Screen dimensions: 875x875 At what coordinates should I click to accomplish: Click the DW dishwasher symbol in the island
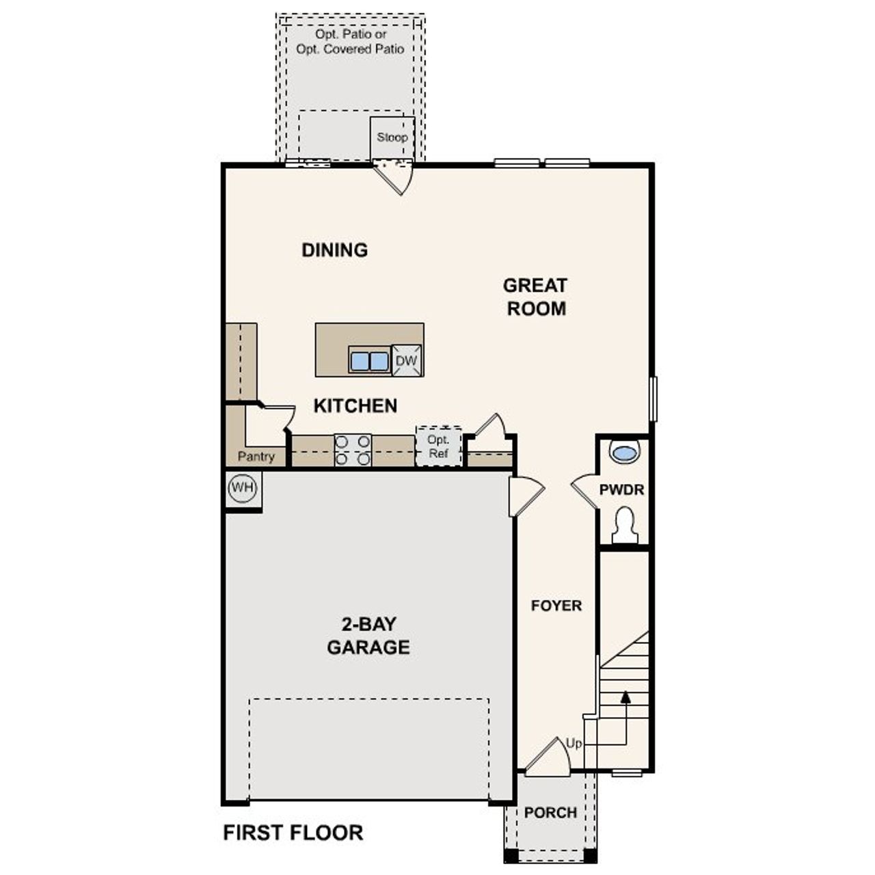coord(407,361)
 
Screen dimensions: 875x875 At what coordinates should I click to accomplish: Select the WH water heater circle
coord(242,488)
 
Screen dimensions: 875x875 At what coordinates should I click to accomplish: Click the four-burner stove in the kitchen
coord(353,450)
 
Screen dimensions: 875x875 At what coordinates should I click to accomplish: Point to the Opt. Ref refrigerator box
coord(438,447)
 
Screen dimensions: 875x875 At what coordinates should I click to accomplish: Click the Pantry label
coord(256,457)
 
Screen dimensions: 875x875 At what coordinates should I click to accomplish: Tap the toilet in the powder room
coord(625,526)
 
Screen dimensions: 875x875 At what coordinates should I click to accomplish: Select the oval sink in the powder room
coord(624,453)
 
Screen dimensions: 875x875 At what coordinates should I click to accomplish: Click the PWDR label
coord(621,490)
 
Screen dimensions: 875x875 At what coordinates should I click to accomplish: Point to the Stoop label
coord(392,137)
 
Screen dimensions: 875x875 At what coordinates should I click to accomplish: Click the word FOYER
coord(556,606)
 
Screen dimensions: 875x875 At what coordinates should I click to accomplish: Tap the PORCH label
coord(550,813)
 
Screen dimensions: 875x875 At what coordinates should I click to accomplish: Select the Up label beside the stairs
coord(574,743)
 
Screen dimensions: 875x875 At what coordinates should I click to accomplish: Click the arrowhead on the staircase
coord(625,697)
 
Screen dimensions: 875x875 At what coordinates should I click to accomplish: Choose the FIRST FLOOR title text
coord(293,833)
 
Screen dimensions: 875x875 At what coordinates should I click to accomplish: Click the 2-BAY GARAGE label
coord(368,636)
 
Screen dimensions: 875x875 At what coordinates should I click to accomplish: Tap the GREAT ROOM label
coord(535,297)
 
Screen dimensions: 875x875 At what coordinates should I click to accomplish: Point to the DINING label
coord(334,250)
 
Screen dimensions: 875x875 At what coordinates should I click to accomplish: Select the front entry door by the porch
coord(549,759)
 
